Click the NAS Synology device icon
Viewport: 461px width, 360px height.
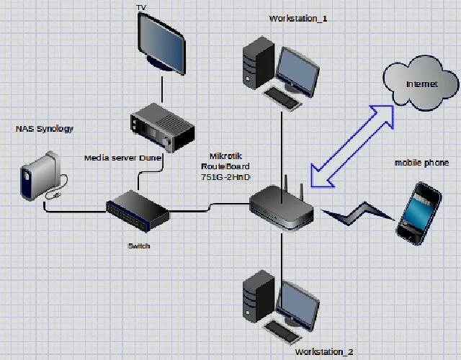point(40,175)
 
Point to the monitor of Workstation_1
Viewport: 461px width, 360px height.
point(298,71)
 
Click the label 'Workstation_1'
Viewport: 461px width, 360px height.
point(298,18)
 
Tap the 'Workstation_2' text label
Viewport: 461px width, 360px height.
point(324,352)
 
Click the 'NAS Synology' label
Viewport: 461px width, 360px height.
point(45,129)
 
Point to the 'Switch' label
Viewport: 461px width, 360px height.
point(139,246)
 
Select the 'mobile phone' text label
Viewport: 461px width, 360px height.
point(421,163)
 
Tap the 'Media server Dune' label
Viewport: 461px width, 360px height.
point(122,158)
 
